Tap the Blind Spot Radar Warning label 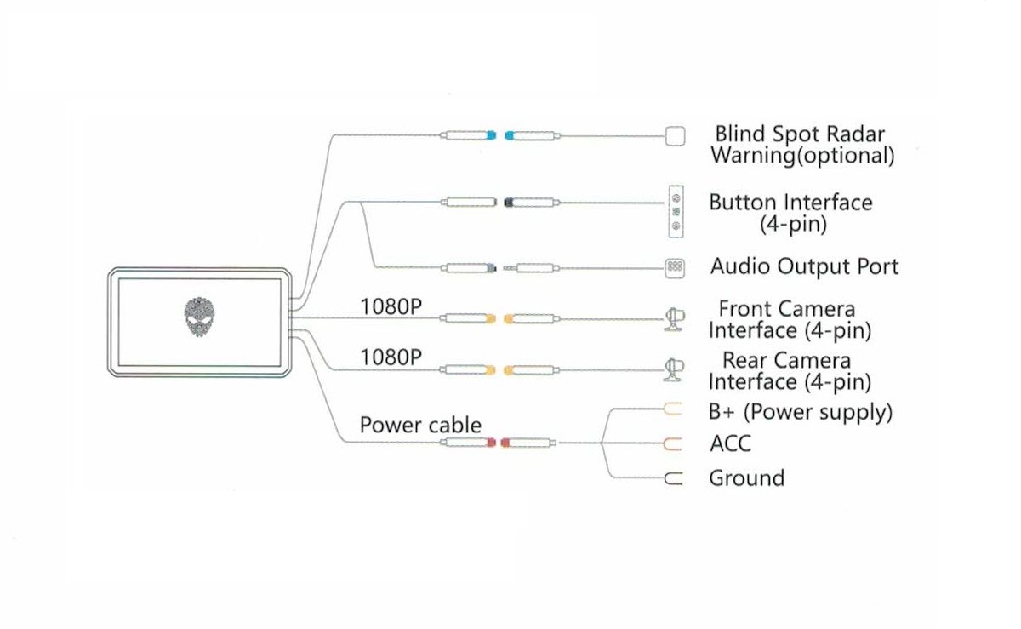801,145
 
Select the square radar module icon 675,135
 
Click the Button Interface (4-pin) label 790,213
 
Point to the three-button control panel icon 675,210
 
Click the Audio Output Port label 804,266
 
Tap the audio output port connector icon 674,267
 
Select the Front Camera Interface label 790,319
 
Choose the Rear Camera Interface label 790,371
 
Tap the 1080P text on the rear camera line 391,357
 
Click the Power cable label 420,425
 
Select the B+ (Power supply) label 801,412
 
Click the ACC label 730,443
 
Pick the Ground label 746,478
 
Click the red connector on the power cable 497,443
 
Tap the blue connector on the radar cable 499,134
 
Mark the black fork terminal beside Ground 673,479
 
